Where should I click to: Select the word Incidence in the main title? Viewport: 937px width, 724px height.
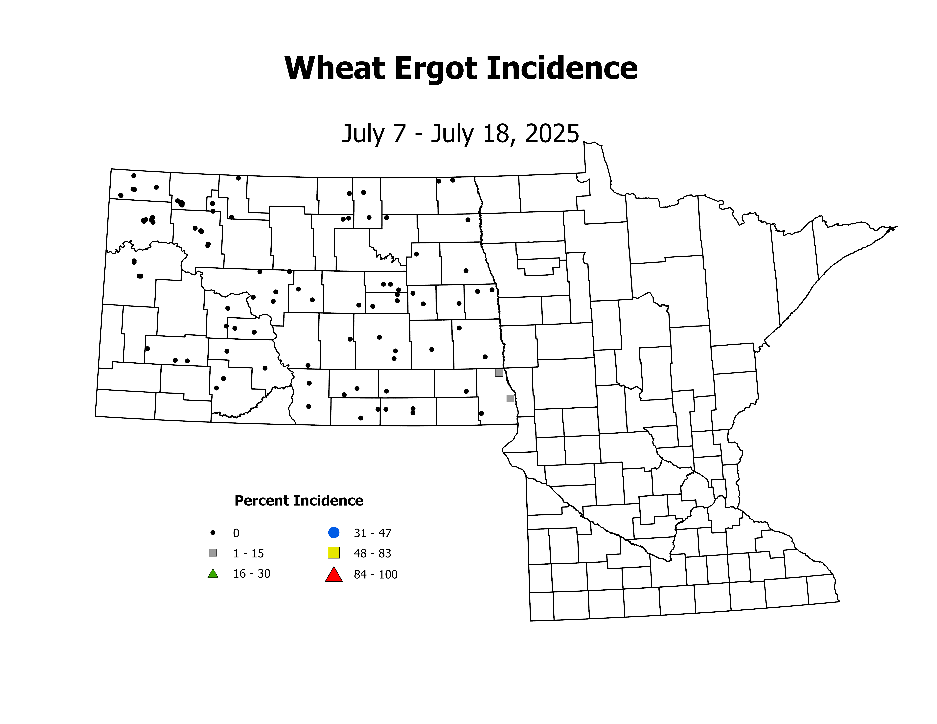pyautogui.click(x=562, y=69)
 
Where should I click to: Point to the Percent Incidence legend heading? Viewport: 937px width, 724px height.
pyautogui.click(x=299, y=501)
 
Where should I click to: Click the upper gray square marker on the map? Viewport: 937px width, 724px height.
pyautogui.click(x=499, y=373)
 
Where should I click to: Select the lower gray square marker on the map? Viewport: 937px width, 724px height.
pyautogui.click(x=510, y=398)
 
